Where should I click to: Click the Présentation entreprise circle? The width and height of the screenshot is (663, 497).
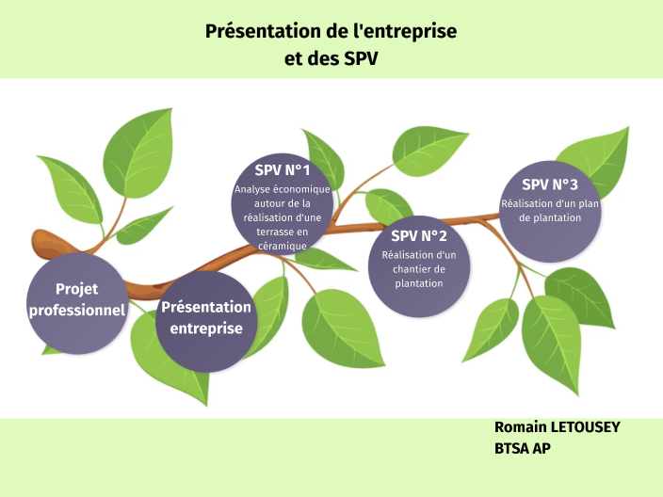(x=206, y=319)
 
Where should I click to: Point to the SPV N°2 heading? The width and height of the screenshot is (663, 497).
(x=419, y=235)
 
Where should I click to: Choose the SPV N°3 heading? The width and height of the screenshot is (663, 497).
(x=550, y=184)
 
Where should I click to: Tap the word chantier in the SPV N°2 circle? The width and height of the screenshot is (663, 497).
(x=419, y=269)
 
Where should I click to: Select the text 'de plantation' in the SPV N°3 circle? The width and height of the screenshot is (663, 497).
(x=550, y=217)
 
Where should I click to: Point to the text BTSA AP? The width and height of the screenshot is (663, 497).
(x=523, y=450)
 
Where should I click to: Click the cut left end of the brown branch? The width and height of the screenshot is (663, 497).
(x=38, y=241)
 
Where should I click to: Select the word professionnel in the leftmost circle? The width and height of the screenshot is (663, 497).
(x=76, y=310)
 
